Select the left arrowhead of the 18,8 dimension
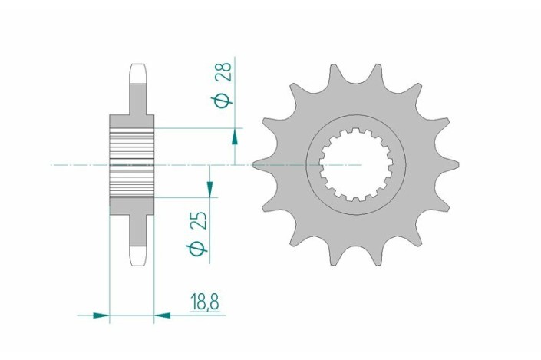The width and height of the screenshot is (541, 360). point(101,314)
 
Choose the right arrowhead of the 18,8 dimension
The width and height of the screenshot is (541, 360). point(163,314)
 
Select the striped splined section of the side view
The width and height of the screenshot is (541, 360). point(133,163)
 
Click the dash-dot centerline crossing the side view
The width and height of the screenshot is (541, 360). point(77,164)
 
